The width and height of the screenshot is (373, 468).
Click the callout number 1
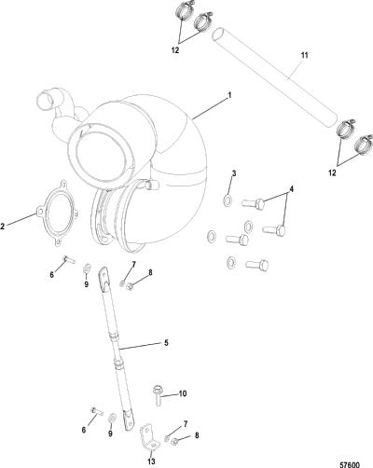229,95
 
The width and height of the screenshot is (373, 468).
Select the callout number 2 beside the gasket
3,227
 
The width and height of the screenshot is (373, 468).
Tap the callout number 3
234,173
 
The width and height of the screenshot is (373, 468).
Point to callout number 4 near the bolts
291,188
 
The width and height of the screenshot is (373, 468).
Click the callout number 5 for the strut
166,343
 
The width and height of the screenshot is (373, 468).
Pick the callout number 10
183,393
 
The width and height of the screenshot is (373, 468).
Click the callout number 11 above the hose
304,55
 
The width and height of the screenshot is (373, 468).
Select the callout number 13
151,461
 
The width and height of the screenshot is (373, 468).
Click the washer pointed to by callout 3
228,200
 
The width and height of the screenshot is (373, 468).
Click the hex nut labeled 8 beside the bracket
175,440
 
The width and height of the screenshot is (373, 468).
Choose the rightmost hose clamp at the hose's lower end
364,145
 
